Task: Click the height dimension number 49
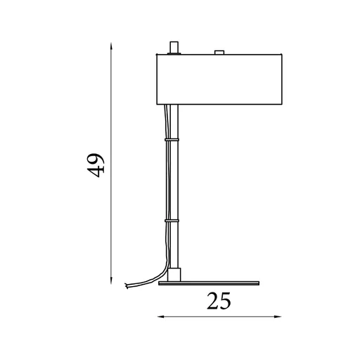(x=96, y=165)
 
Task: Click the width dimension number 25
(x=219, y=301)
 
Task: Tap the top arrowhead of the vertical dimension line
(x=111, y=46)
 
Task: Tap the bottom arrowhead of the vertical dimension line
(x=111, y=281)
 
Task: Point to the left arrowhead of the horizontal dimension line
(x=160, y=316)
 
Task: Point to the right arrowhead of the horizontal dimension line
(x=278, y=316)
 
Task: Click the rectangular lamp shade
(x=219, y=79)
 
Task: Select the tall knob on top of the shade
(x=174, y=48)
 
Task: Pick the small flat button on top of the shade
(x=219, y=52)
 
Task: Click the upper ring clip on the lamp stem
(x=172, y=140)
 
